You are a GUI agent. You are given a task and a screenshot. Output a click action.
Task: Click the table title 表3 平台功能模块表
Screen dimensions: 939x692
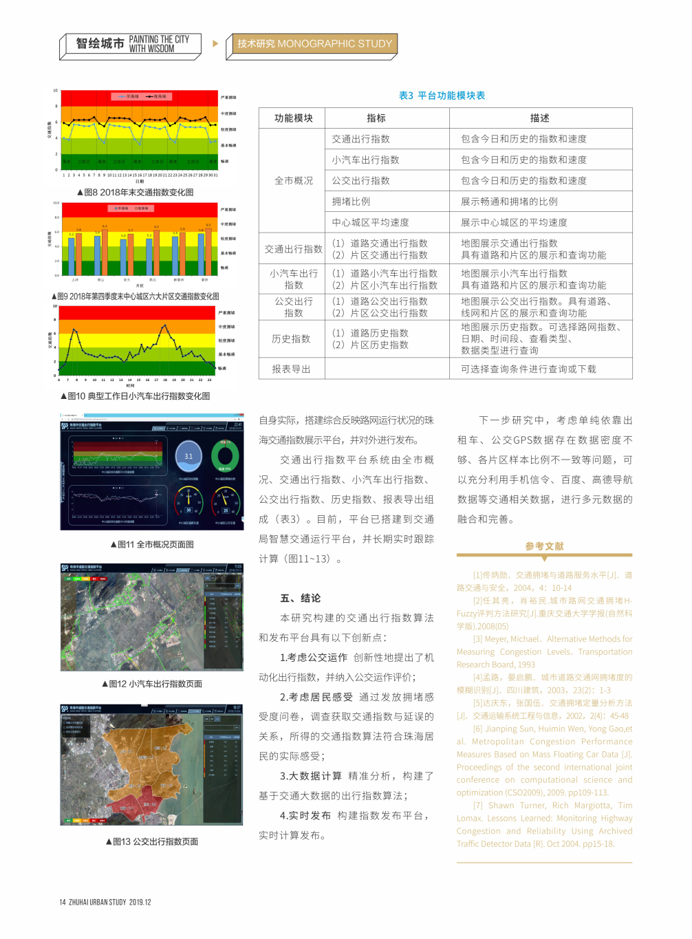442,96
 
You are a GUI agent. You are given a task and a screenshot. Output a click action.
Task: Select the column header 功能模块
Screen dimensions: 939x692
293,118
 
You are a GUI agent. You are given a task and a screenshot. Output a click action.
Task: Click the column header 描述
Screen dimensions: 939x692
540,118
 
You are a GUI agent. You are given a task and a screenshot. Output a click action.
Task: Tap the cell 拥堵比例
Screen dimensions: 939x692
351,202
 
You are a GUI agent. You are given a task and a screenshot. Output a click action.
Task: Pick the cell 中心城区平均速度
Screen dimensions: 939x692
370,222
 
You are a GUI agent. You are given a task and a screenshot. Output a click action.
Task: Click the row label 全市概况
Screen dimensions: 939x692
293,181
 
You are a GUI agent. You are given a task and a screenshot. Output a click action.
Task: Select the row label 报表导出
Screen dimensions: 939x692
291,369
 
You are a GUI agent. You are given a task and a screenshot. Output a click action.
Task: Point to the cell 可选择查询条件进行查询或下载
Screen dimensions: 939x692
528,369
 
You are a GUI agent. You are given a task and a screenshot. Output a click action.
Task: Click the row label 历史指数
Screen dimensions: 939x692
291,339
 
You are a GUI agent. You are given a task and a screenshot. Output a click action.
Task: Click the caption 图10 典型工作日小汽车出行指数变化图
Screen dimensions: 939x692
136,396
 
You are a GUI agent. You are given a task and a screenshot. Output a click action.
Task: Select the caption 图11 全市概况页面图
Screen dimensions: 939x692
152,545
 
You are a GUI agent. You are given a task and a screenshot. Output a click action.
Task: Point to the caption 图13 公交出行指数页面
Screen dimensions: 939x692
152,842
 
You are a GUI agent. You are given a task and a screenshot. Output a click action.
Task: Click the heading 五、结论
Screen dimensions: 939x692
301,598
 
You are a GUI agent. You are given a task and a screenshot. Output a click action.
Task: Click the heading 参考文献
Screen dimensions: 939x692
544,546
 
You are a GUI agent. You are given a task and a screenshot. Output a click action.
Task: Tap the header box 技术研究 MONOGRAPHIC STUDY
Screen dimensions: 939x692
314,44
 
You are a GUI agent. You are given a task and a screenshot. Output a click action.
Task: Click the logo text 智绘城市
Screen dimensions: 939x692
100,44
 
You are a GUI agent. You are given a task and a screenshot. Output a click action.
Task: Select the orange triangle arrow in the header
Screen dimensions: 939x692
215,44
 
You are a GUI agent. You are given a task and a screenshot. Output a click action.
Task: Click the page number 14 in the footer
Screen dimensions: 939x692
62,902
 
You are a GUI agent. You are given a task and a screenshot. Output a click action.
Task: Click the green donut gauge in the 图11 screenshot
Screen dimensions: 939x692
224,455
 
